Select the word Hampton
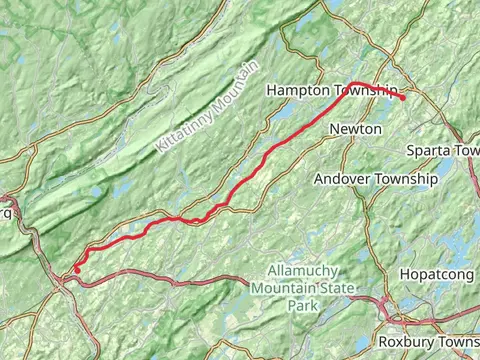pos(296,91)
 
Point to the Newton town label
pos(355,129)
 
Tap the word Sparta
pos(429,150)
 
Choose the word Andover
pos(341,179)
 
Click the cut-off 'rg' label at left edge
pos(5,212)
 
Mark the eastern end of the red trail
pos(403,98)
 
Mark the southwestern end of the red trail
pos(77,271)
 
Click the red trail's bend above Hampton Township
pos(354,84)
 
